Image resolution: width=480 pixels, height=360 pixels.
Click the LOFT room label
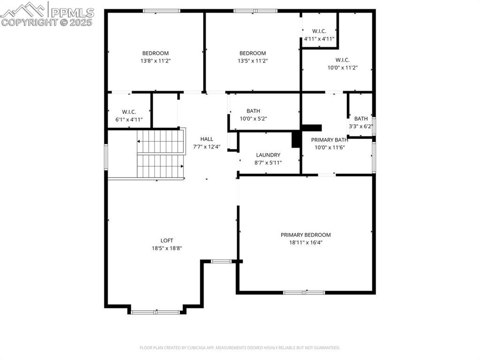[x=166, y=240]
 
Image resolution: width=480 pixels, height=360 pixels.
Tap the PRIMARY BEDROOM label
[x=306, y=235]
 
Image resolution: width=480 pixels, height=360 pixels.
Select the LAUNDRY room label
[x=268, y=155]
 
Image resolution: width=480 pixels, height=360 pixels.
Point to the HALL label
[x=207, y=139]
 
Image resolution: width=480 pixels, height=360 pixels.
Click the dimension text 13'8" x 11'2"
[x=155, y=61]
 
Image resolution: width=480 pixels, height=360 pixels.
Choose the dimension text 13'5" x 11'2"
[x=252, y=61]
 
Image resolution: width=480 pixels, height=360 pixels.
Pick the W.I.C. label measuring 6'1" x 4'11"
[x=129, y=112]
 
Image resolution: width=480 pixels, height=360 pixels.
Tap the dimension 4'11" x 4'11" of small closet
[x=319, y=39]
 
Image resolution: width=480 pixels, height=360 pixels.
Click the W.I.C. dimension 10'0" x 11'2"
[x=342, y=67]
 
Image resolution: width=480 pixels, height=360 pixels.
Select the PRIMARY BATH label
[x=330, y=140]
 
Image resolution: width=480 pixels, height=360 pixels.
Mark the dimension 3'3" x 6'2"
[x=361, y=127]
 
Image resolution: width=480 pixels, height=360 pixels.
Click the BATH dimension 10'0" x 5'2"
[x=253, y=119]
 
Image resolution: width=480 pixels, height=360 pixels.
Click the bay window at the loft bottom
[x=155, y=312]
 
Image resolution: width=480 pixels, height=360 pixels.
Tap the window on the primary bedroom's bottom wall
[x=304, y=292]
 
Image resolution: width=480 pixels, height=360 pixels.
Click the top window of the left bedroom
[x=162, y=11]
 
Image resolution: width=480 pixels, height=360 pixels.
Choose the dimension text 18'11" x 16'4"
[x=306, y=242]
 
